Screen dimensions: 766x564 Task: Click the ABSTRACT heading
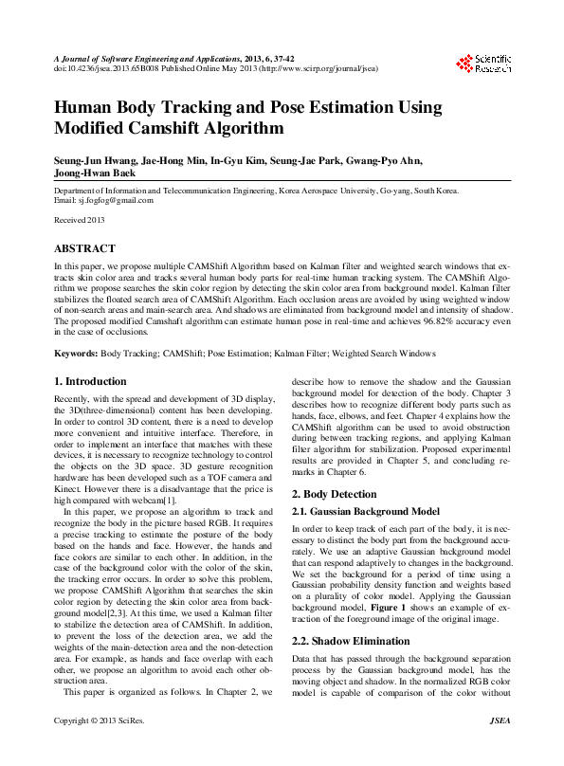[84, 248]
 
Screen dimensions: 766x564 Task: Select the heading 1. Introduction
[89, 380]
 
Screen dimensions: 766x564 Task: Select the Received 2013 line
[79, 220]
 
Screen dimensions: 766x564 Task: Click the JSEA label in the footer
[500, 747]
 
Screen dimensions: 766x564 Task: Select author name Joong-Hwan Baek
[95, 173]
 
